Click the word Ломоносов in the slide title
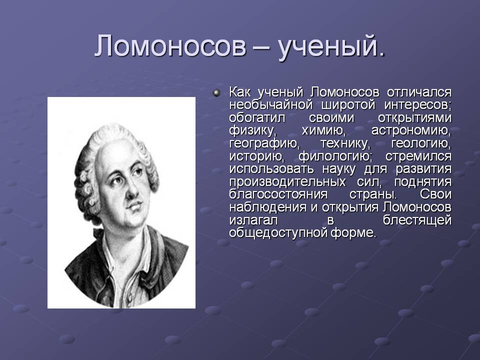coord(170,46)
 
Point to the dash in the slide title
coord(262,48)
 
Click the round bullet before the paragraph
coord(216,92)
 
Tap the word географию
coord(264,144)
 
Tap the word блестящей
coord(417,220)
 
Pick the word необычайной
coord(270,105)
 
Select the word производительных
coord(287,182)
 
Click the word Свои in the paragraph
coord(435,195)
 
